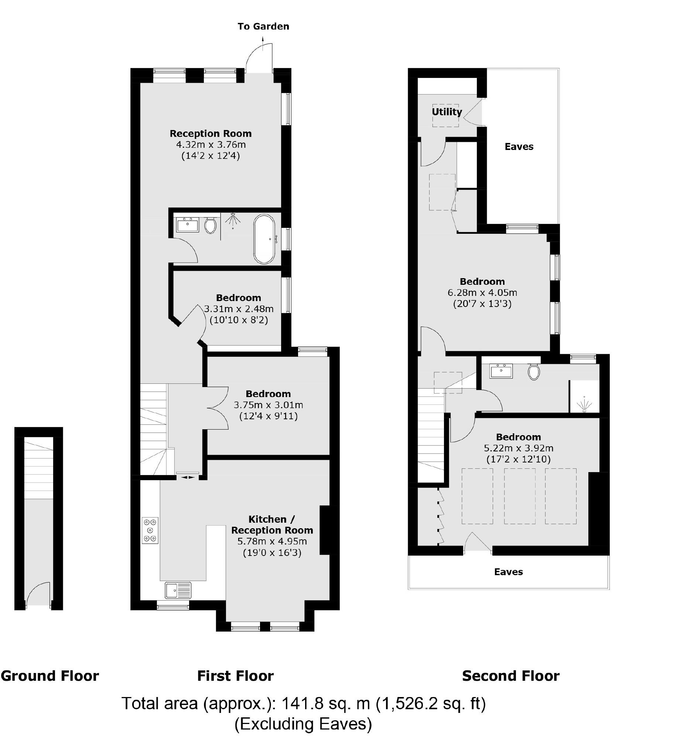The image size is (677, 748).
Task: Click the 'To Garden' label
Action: point(263,26)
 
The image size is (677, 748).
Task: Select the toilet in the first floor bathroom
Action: point(210,225)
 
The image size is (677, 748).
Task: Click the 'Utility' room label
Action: point(447,112)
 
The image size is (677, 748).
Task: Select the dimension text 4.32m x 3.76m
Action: point(211,144)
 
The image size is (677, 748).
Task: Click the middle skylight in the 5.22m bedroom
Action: point(519,496)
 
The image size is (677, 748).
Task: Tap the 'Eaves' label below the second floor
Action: point(508,572)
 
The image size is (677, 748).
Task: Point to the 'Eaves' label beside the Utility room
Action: point(519,147)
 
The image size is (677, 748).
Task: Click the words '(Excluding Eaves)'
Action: point(303,724)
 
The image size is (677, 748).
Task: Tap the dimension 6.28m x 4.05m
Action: point(482,293)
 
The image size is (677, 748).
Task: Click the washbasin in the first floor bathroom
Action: point(187,225)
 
